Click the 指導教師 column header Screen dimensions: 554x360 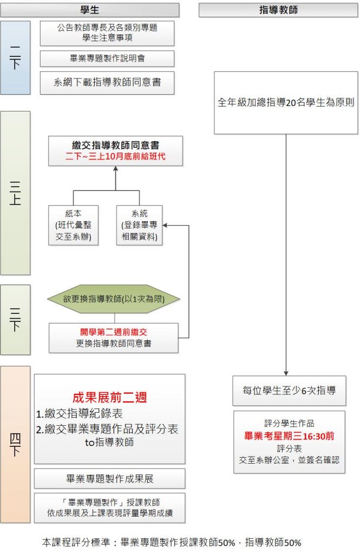(x=278, y=10)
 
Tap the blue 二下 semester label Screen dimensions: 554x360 (x=15, y=58)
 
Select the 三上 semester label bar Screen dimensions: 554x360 (x=15, y=193)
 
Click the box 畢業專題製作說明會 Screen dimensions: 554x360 (x=107, y=58)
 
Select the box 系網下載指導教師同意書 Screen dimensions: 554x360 (x=107, y=83)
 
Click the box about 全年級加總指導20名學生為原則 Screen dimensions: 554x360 (x=286, y=102)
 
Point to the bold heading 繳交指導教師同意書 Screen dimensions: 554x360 (x=115, y=145)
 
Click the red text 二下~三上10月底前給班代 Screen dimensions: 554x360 (x=115, y=157)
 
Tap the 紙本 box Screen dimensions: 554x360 (x=73, y=225)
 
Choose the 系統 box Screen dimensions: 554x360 (x=139, y=225)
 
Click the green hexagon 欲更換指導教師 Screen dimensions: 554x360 (x=114, y=299)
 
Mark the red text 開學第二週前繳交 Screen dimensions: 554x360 (x=113, y=332)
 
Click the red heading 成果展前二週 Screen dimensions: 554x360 (x=110, y=398)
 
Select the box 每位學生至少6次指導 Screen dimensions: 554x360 (x=289, y=390)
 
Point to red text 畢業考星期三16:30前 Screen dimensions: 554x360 (x=289, y=436)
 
